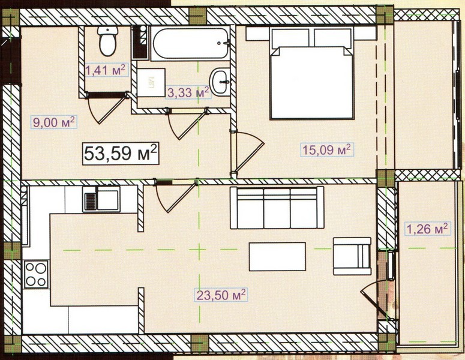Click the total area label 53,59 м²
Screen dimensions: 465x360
121,154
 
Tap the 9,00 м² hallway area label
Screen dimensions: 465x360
54,122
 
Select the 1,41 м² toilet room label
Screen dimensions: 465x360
107,70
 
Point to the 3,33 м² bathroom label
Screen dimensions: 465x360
188,92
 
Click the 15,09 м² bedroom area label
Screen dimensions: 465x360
327,150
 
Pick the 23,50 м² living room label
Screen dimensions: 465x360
221,295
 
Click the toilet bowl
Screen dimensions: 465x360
107,41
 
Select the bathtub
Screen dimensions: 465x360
190,43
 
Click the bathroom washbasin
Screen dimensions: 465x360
220,82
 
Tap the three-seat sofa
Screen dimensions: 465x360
277,208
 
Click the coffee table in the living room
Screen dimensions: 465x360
277,257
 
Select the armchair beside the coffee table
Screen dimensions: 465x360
352,256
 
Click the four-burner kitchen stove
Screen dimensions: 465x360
36,274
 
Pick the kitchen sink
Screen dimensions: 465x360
101,199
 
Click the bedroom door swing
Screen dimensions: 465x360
248,152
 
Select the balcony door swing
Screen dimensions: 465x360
374,299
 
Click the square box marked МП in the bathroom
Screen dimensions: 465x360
151,82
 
